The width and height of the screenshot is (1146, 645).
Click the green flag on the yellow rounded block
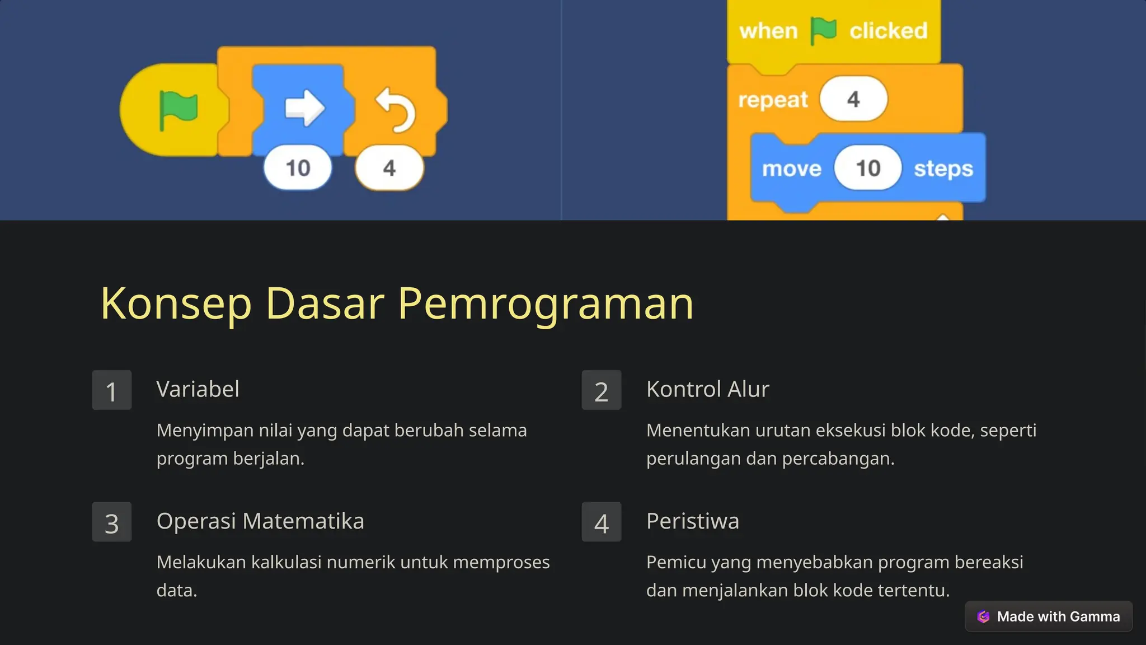point(178,110)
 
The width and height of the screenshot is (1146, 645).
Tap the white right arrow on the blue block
point(304,108)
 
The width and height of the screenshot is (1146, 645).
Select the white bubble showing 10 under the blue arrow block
point(298,168)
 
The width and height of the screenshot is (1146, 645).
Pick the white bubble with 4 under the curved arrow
point(389,168)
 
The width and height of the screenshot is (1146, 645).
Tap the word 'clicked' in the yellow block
point(888,31)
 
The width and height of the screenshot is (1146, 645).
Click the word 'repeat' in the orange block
point(773,100)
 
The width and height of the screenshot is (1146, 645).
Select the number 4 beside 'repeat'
point(853,99)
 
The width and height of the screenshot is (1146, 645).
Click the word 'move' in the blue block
point(792,169)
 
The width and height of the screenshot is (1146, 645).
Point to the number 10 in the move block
point(868,168)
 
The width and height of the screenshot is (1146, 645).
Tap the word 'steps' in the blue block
point(943,169)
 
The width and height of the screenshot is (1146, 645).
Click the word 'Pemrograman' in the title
point(546,303)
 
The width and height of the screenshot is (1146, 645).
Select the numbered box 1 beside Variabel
point(112,390)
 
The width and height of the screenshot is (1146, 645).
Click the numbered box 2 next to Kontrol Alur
point(602,390)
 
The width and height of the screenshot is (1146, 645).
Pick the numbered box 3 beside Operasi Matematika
point(112,522)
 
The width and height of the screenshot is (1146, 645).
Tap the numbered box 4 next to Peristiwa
point(602,522)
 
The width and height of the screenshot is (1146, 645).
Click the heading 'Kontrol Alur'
point(707,389)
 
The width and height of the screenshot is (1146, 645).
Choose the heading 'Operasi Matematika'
point(260,521)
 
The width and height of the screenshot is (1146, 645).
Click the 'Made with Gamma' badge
point(1049,616)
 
